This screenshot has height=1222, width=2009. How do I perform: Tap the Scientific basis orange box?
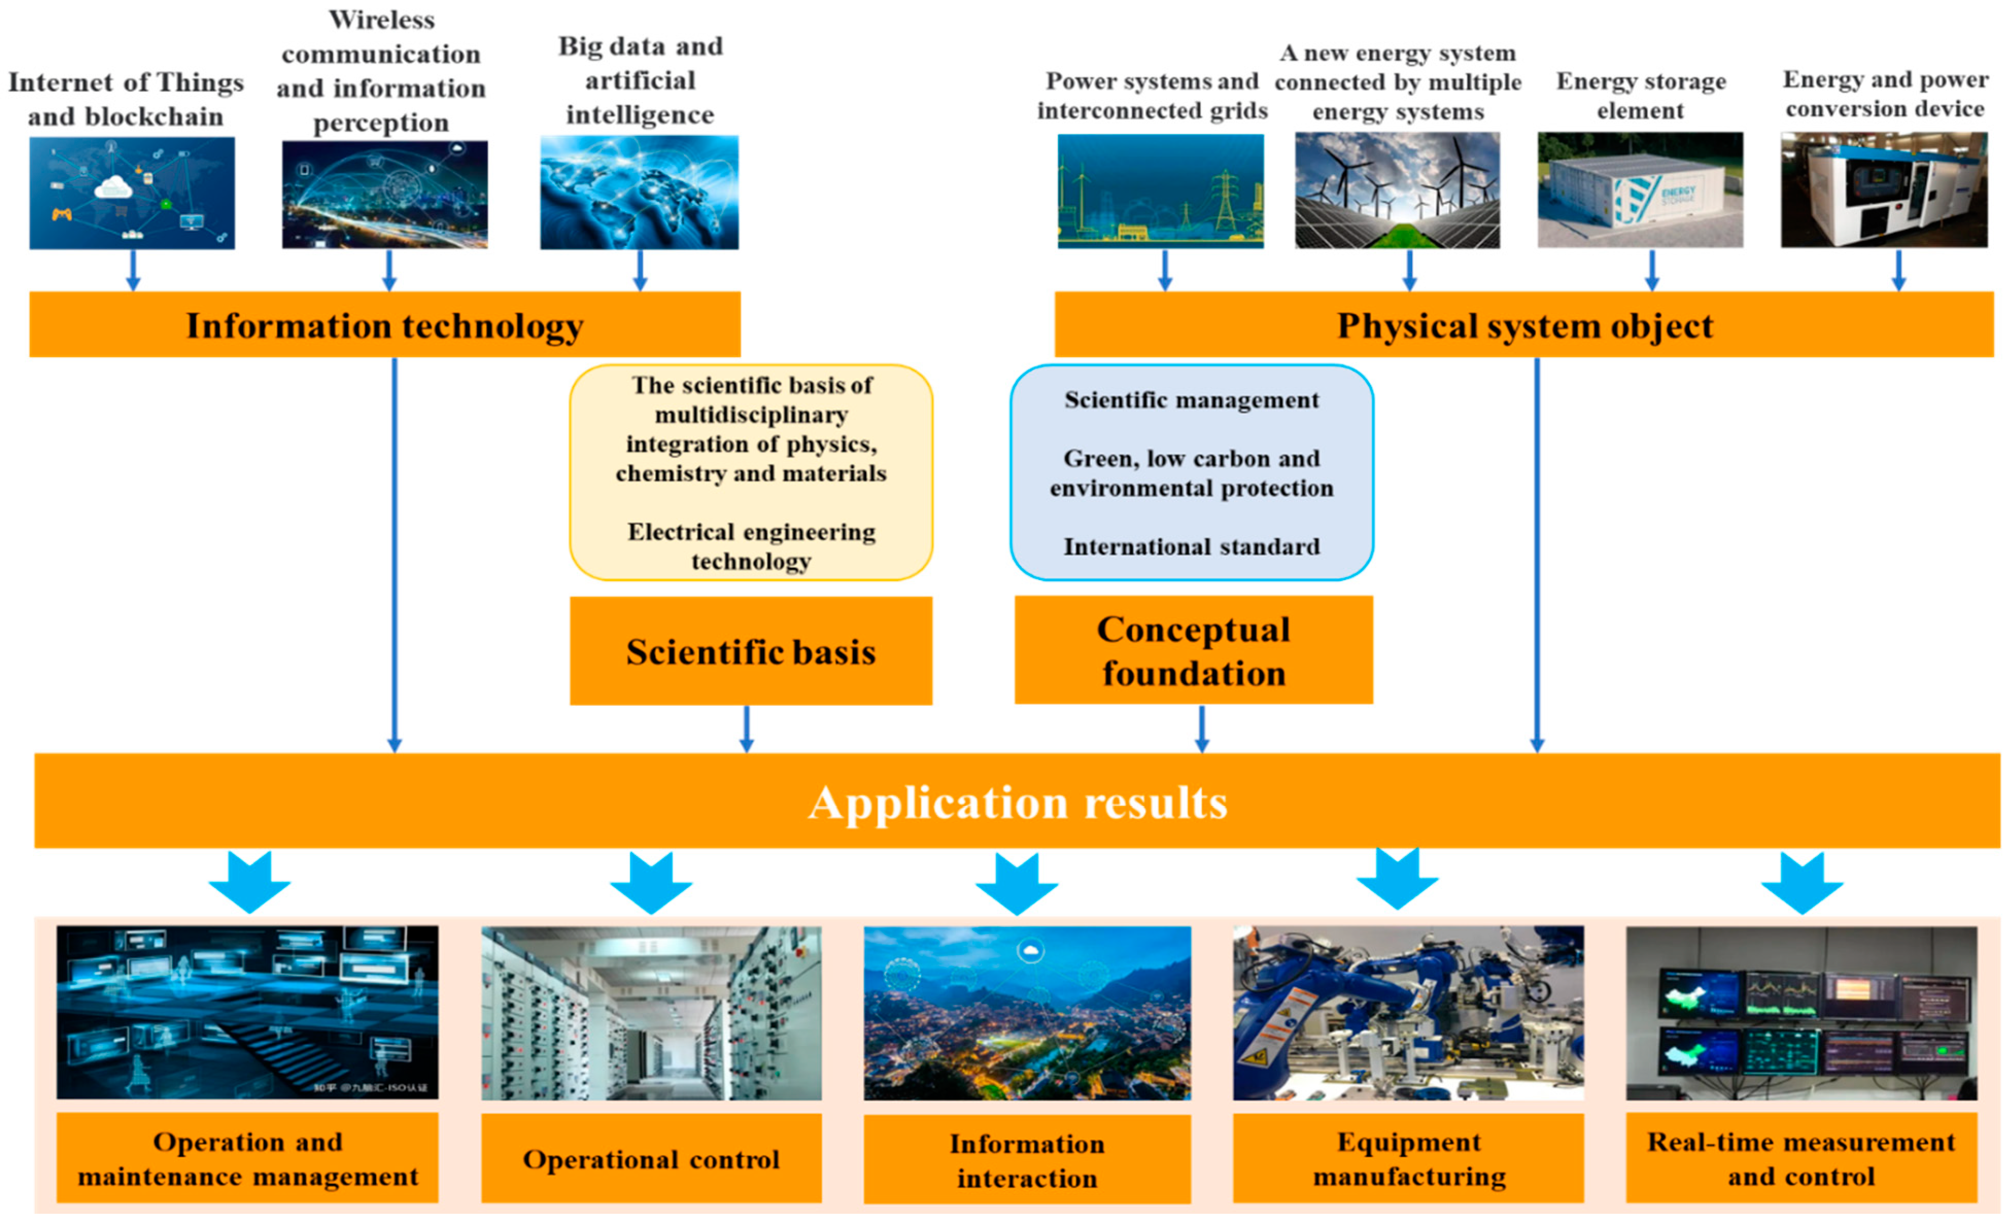coord(750,651)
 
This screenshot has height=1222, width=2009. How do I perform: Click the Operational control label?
coord(651,1158)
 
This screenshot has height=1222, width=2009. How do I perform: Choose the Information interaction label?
coord(1027,1160)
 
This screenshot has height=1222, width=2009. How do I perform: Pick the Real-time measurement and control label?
coord(1800,1158)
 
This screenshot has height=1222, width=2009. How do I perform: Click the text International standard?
coord(1191,546)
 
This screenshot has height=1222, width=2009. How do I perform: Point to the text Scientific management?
coord(1191,399)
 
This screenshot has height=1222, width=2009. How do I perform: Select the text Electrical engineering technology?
coord(750,546)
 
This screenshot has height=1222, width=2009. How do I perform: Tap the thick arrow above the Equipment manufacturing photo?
coord(1397,880)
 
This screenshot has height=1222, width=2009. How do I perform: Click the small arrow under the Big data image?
coord(640,270)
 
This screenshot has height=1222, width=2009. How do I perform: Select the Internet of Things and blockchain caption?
coord(126,99)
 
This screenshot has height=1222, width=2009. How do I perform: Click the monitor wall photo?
coord(1800,1012)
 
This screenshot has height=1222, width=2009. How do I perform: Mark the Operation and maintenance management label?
coord(247,1158)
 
